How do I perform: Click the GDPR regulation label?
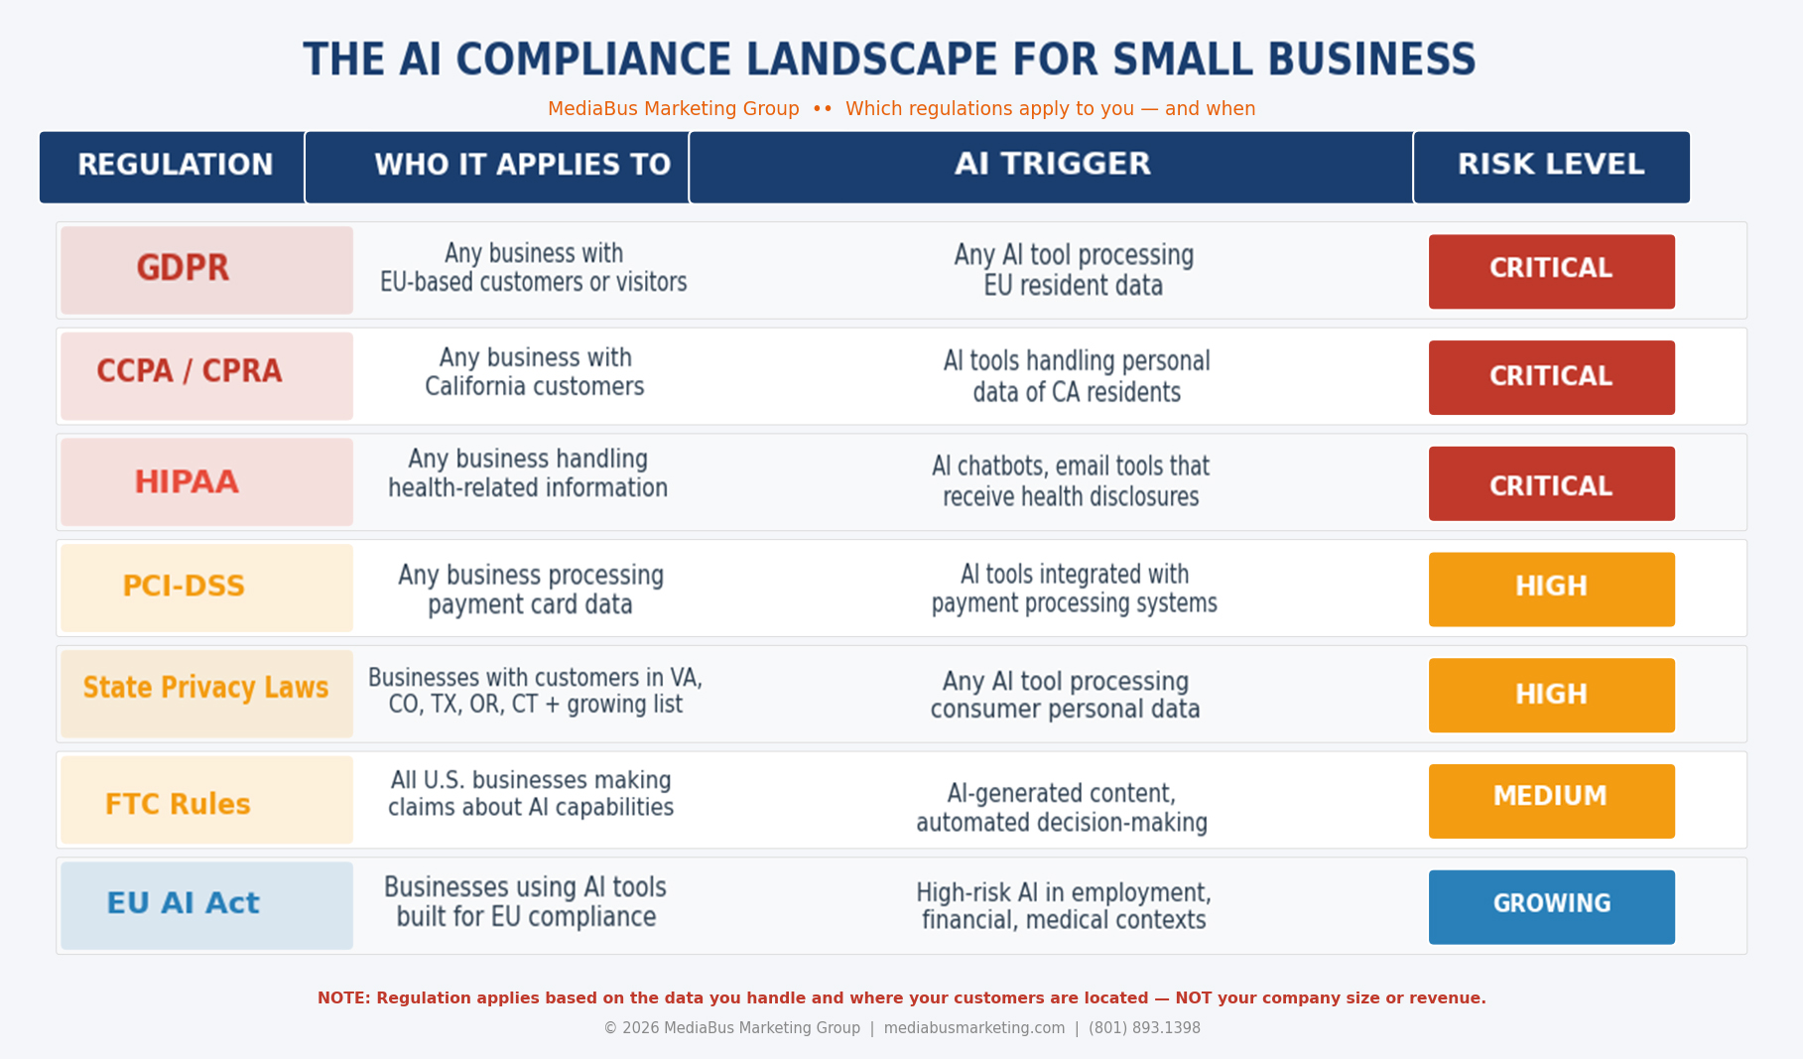[x=206, y=270]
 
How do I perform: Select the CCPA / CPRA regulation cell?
[x=206, y=376]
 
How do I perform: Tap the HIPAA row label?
[x=206, y=482]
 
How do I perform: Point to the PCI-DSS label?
[x=206, y=588]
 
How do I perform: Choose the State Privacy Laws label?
[x=206, y=694]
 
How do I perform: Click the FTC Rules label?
[x=206, y=800]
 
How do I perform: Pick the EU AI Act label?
[x=206, y=905]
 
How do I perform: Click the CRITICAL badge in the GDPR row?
[x=1552, y=271]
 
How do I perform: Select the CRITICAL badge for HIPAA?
[x=1552, y=483]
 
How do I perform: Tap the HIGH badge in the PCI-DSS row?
[x=1552, y=589]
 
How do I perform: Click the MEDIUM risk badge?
[x=1552, y=801]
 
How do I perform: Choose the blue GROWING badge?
[x=1552, y=907]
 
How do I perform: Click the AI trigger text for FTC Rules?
[x=1062, y=808]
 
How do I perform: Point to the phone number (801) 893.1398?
[x=1144, y=1028]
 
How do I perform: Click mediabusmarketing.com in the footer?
[x=974, y=1028]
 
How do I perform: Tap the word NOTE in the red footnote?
[x=342, y=998]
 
